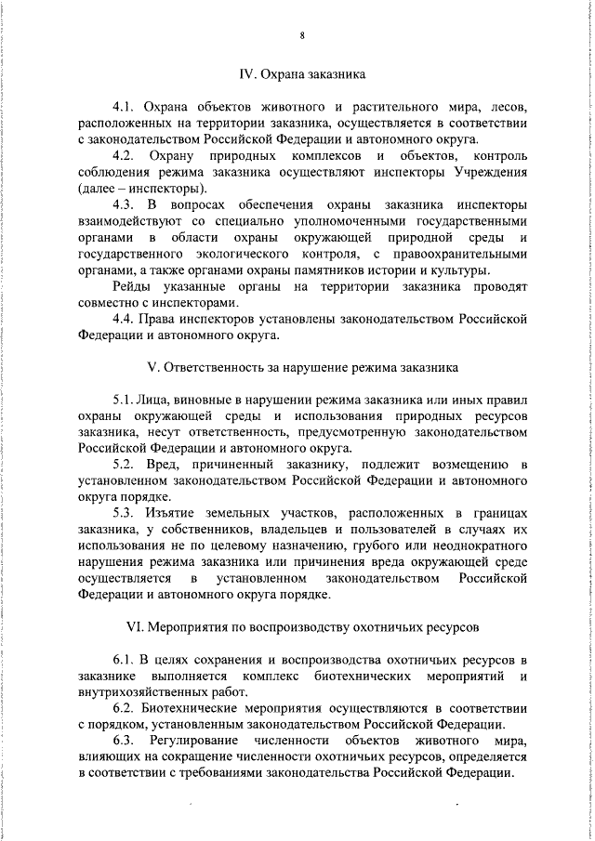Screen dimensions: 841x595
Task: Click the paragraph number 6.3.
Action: [125, 740]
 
